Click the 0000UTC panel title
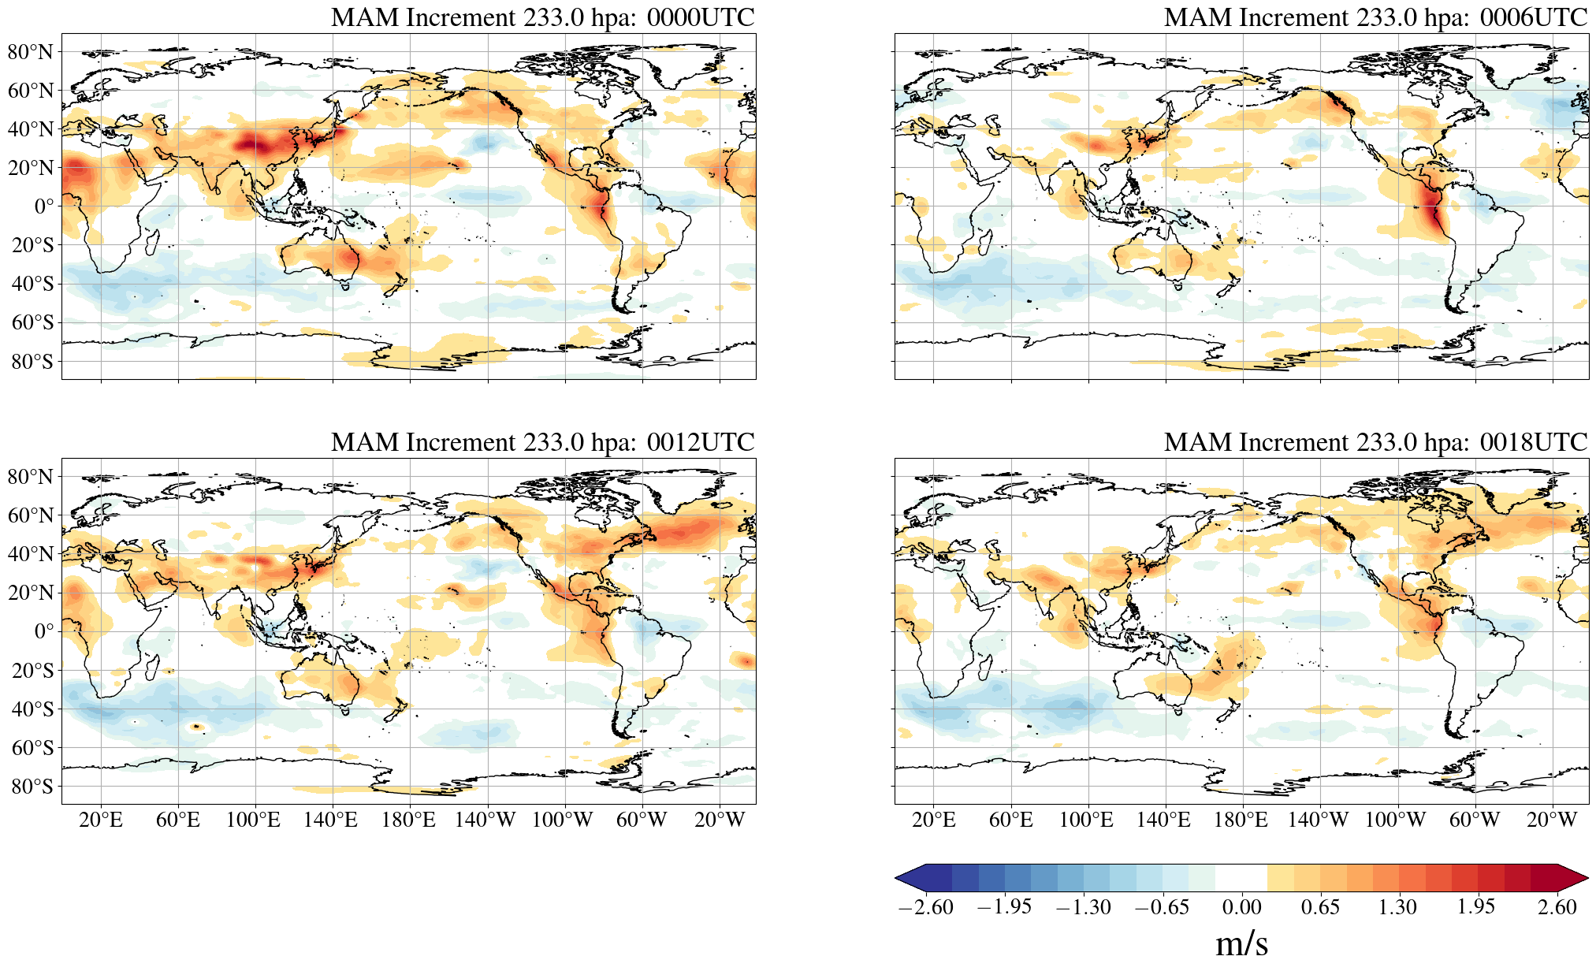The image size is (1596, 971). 542,17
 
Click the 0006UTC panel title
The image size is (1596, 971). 1375,17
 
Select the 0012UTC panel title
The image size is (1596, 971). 542,442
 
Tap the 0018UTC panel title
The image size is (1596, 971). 1375,442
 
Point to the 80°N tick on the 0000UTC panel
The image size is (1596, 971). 31,52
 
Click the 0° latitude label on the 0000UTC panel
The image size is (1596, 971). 44,206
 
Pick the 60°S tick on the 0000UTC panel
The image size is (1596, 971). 32,322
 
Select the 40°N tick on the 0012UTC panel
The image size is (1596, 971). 31,554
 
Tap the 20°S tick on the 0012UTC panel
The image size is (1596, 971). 32,671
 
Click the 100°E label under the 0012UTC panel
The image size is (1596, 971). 253,820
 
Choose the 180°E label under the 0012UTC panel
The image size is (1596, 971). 408,820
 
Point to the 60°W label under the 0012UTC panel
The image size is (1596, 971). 642,820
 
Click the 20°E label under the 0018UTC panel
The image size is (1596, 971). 934,820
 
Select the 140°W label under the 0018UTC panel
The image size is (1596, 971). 1318,820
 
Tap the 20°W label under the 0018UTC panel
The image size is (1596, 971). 1552,820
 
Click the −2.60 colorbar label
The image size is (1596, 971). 925,907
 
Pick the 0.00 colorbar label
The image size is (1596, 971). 1241,907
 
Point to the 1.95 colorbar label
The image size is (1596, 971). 1475,907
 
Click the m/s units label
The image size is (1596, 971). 1241,943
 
